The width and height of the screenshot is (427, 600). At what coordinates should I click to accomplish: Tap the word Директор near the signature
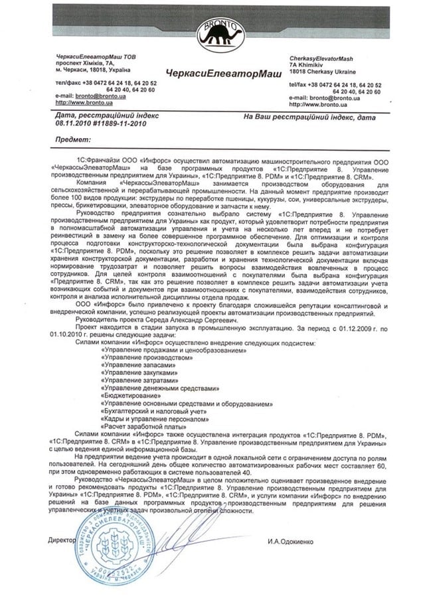click(62, 540)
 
